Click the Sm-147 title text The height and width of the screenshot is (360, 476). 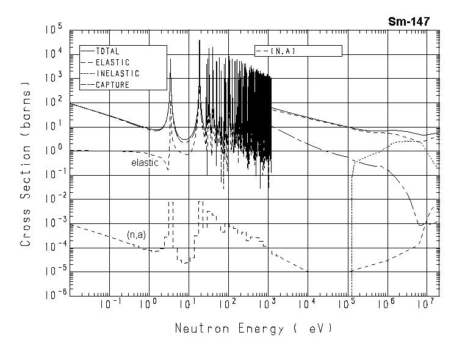[x=409, y=21]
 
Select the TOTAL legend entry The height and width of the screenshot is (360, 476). [x=107, y=52]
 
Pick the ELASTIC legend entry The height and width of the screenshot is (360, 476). [x=112, y=62]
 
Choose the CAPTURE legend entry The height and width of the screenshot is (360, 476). [x=112, y=85]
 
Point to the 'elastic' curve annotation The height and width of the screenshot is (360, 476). [x=145, y=163]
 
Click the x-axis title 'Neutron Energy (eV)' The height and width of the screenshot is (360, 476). [x=253, y=328]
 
